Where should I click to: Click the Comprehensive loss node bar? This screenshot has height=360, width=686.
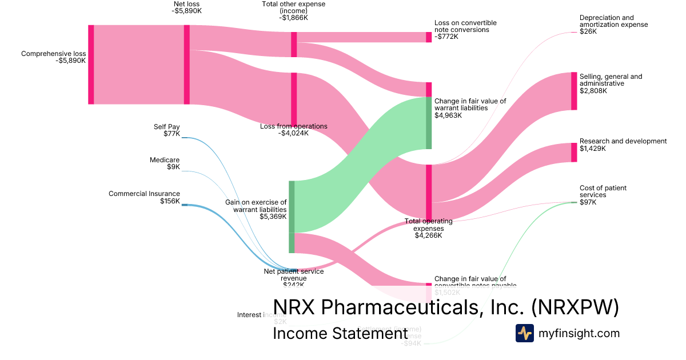coord(91,65)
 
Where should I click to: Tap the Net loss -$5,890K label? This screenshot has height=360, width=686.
coord(188,7)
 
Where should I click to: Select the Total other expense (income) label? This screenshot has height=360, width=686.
coord(293,11)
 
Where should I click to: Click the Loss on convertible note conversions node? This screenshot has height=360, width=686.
coord(429,37)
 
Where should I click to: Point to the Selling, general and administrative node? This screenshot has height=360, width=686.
coord(574,91)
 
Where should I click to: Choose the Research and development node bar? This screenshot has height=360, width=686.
coord(574,153)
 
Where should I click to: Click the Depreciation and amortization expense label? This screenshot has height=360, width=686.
coord(613,25)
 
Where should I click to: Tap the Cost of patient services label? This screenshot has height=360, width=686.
coord(595,195)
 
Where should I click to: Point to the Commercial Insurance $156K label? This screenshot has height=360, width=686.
coord(144,197)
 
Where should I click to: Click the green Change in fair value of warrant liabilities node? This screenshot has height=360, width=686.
coord(429,123)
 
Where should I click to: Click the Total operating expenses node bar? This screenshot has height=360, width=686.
coord(429,192)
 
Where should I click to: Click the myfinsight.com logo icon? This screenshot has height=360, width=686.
coord(524,333)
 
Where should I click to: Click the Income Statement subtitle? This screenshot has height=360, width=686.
coord(340,333)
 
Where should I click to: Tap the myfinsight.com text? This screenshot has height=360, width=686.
coord(579,333)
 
